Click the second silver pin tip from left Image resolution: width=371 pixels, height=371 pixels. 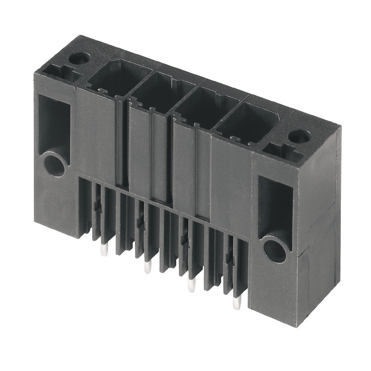coord(147,268)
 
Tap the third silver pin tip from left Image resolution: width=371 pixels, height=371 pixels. coord(191,286)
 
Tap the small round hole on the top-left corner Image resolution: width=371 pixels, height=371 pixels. coord(79,58)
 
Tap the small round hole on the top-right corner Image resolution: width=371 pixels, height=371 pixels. coord(299,136)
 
